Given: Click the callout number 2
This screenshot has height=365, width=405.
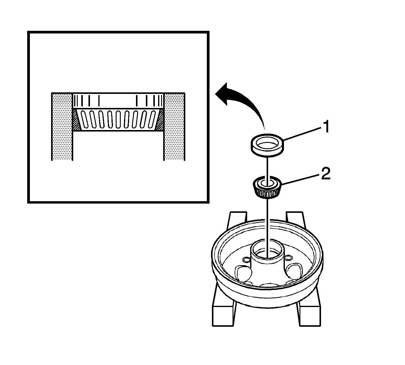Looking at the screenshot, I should (x=325, y=174).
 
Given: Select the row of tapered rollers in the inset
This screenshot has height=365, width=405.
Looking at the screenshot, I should (x=118, y=119).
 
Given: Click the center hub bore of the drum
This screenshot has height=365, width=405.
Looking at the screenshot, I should (x=267, y=253).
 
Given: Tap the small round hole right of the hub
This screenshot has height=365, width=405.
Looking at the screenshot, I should (x=288, y=257).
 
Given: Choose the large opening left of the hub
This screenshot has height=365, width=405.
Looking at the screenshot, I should (x=244, y=273).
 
